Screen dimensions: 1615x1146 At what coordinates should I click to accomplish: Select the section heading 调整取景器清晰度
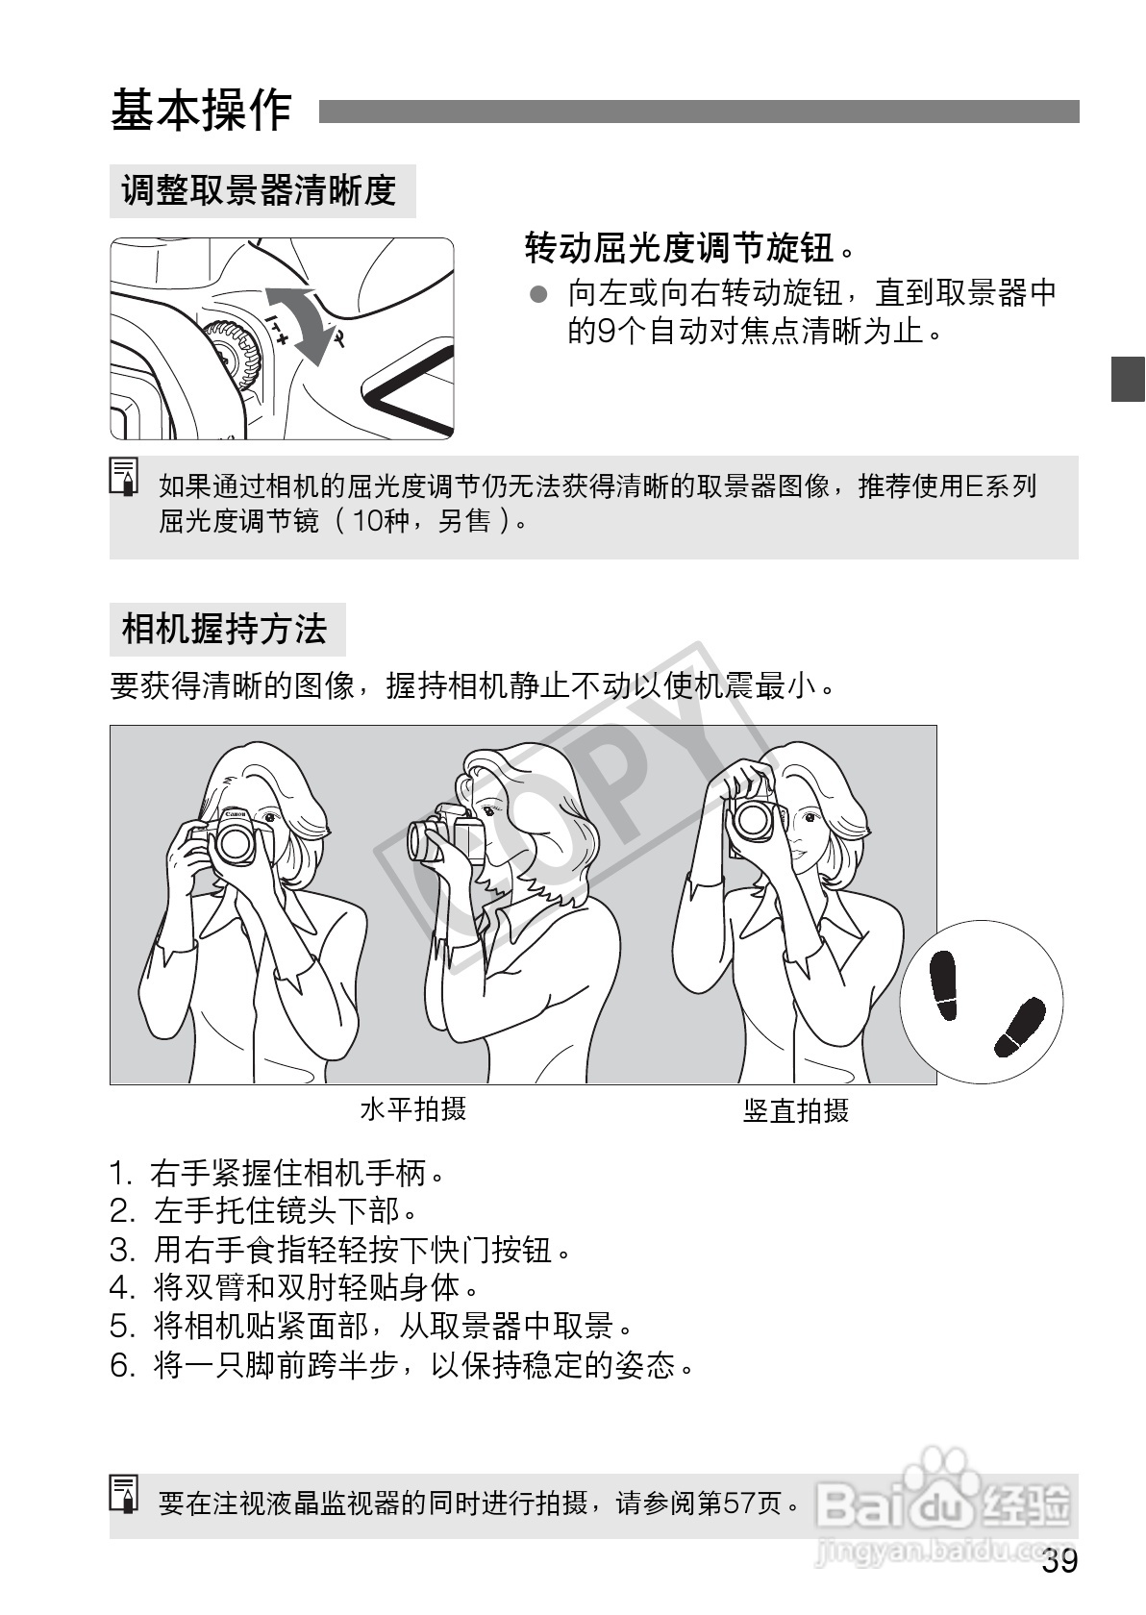260,190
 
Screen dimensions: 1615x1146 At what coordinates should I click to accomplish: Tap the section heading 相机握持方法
225,630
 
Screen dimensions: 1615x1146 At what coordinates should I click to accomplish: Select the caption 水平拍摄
413,1109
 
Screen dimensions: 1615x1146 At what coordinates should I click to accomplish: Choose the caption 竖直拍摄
796,1111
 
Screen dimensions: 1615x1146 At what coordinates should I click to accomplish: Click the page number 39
1059,1562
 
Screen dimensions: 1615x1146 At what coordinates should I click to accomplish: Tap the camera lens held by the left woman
235,843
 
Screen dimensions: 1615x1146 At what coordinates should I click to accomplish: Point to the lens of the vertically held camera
753,820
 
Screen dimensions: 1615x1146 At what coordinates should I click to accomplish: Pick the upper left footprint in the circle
944,984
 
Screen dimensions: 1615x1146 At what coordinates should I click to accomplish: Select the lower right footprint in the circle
1019,1027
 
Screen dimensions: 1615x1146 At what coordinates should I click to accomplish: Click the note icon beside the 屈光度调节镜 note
125,477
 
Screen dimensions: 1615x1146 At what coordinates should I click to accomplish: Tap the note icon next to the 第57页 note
125,1493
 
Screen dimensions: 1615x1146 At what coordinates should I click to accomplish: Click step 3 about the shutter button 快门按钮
341,1251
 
